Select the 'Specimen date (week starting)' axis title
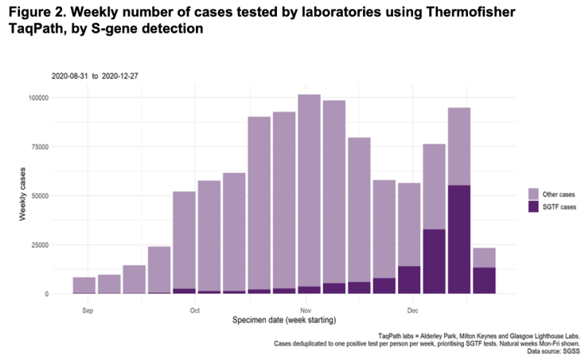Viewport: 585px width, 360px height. [x=283, y=320]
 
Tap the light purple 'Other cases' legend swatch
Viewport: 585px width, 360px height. [x=534, y=194]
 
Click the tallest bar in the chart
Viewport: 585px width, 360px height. [x=309, y=191]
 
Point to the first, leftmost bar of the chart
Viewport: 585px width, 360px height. [x=84, y=285]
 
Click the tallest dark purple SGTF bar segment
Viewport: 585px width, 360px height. [x=459, y=239]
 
